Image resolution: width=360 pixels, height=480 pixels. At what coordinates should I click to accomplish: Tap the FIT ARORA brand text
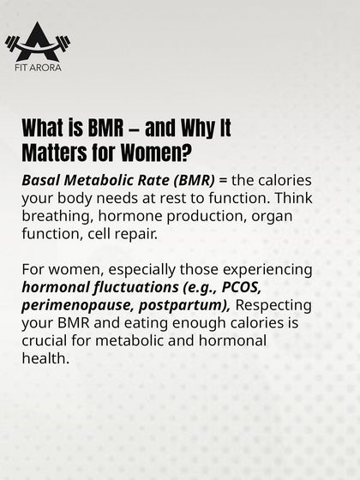pos(37,67)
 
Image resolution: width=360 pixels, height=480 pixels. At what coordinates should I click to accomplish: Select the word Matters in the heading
pos(54,153)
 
